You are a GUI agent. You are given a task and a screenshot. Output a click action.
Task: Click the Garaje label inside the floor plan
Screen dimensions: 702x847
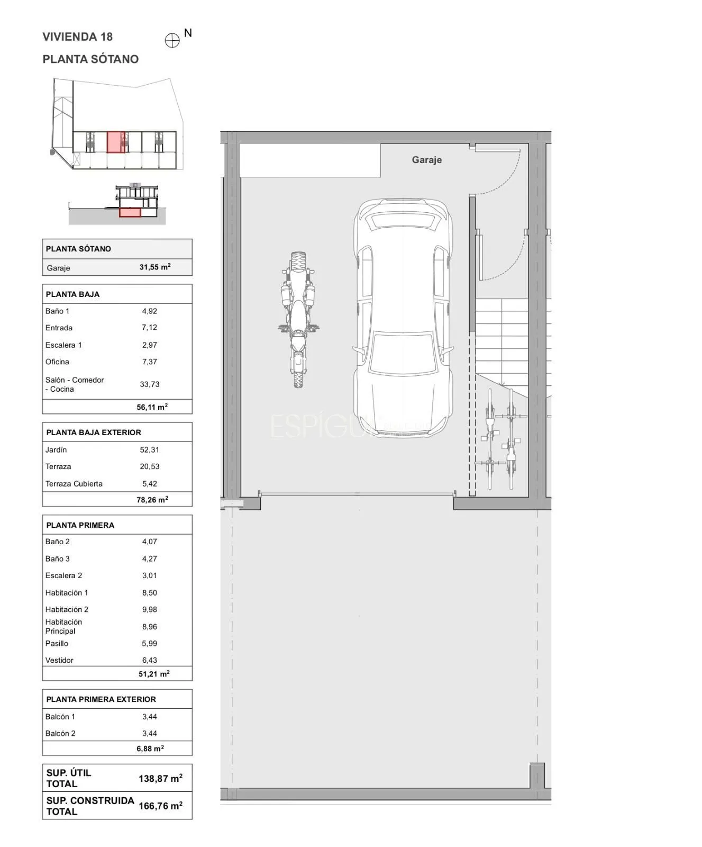426,160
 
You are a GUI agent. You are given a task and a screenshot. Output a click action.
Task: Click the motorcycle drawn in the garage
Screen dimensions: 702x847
298,319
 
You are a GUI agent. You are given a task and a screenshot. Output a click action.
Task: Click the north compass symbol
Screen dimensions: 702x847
172,41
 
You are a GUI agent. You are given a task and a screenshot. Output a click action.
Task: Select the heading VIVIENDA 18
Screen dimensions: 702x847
77,37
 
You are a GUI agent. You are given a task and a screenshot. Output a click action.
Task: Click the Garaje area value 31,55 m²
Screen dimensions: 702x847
155,267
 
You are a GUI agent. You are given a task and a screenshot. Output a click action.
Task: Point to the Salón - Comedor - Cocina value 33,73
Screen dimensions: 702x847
150,384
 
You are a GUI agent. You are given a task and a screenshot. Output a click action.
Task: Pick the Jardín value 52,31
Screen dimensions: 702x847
150,449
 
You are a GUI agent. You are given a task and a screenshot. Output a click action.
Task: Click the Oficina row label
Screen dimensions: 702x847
57,362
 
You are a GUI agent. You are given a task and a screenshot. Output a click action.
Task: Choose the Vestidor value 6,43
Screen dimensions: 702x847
150,660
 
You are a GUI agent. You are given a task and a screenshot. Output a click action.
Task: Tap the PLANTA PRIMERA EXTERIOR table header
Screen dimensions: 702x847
101,699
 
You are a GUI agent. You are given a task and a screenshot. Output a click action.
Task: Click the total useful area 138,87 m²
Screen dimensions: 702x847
161,778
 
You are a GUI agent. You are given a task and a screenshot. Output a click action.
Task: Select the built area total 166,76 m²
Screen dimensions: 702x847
161,806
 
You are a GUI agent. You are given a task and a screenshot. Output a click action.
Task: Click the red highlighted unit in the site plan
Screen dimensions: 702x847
116,142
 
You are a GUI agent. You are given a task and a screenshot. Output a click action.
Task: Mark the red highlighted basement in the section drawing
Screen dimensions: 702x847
130,212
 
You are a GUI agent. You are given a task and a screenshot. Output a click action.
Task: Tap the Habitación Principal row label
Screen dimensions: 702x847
63,626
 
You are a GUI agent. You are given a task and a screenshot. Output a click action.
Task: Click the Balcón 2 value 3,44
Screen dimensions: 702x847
150,733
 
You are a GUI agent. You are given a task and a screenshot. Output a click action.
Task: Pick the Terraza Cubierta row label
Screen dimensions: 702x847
74,483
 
